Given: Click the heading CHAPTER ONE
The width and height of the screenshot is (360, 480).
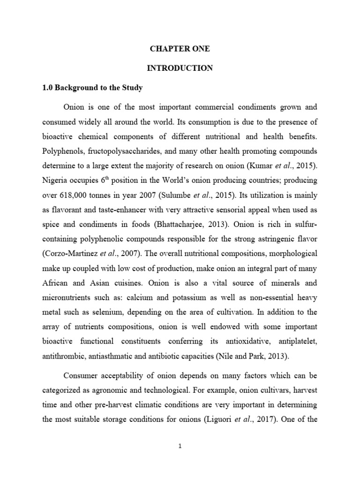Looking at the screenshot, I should (180, 48).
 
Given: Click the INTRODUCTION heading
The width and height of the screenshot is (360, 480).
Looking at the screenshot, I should (180, 68).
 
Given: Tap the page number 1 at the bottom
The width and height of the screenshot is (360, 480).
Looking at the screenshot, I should (180, 447).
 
